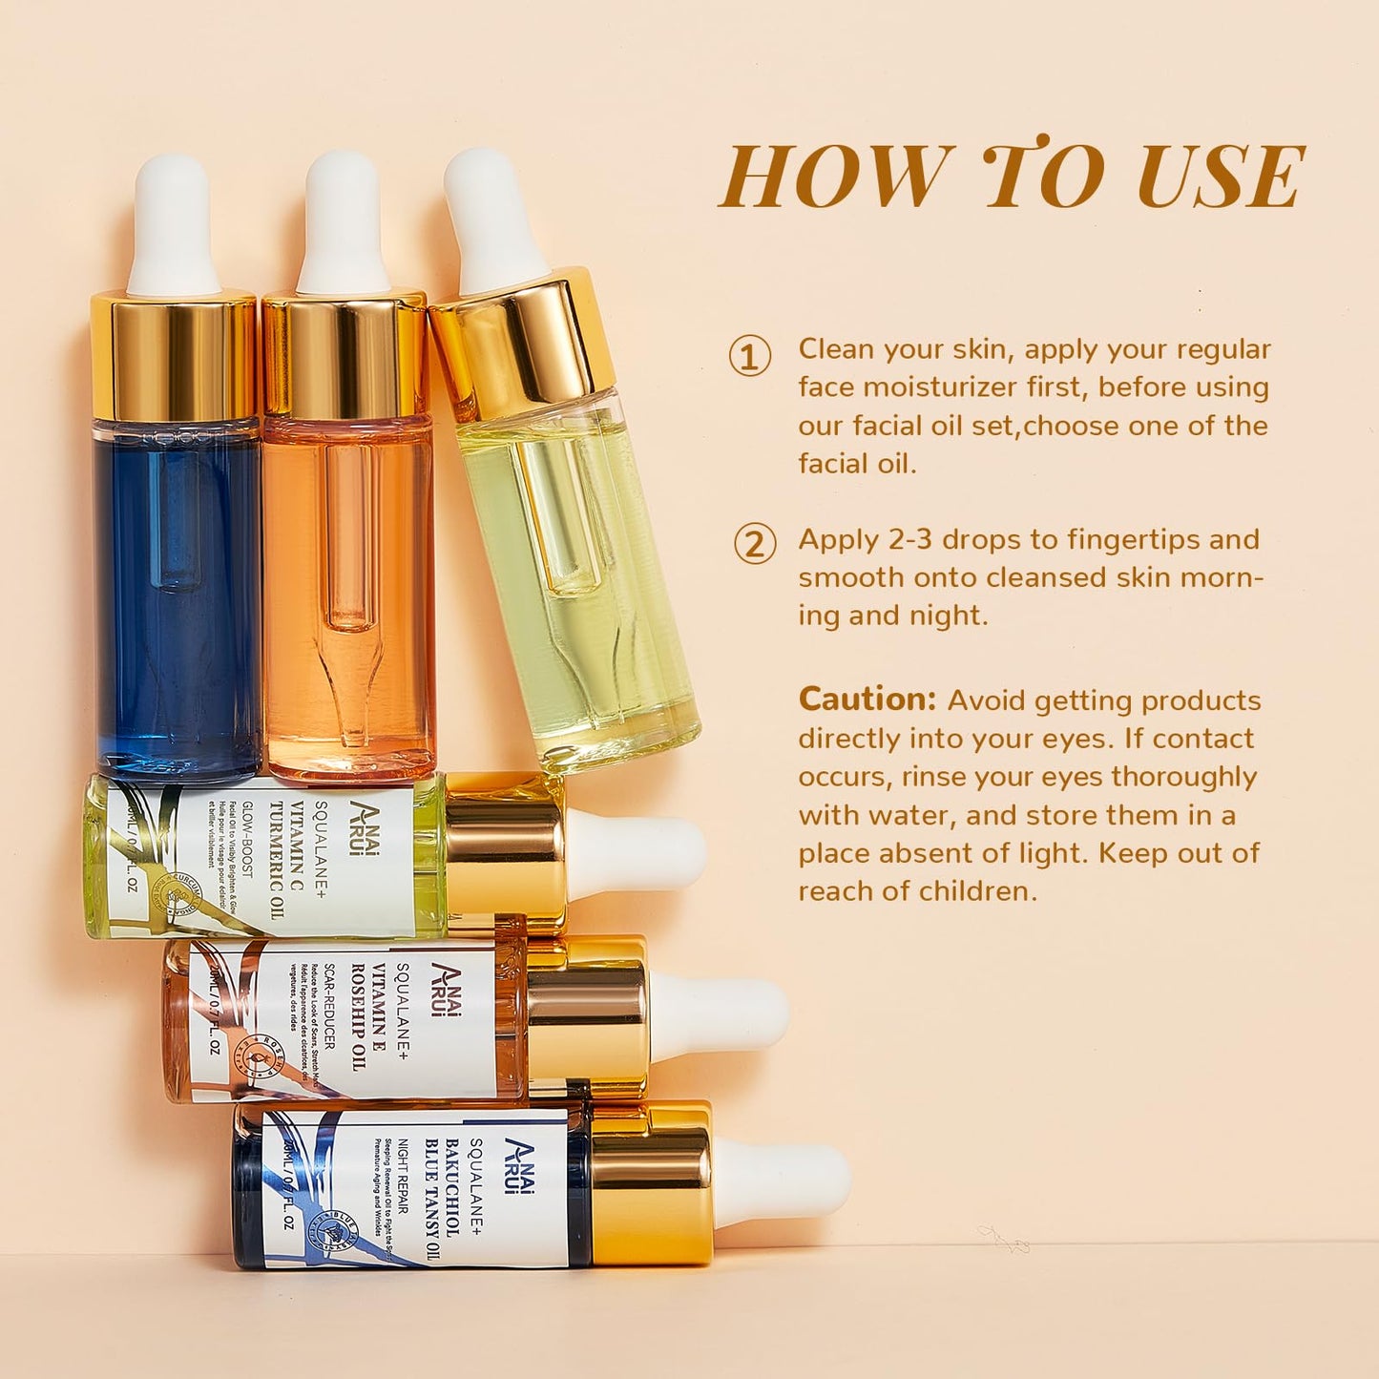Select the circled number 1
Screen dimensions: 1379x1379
pyautogui.click(x=750, y=356)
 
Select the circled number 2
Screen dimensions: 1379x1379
pyautogui.click(x=754, y=544)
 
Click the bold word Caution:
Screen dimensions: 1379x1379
pyautogui.click(x=867, y=700)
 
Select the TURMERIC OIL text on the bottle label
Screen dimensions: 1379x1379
pyautogui.click(x=277, y=859)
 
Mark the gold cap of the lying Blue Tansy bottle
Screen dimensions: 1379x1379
pyautogui.click(x=651, y=1183)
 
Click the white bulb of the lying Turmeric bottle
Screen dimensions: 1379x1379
pyautogui.click(x=635, y=855)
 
